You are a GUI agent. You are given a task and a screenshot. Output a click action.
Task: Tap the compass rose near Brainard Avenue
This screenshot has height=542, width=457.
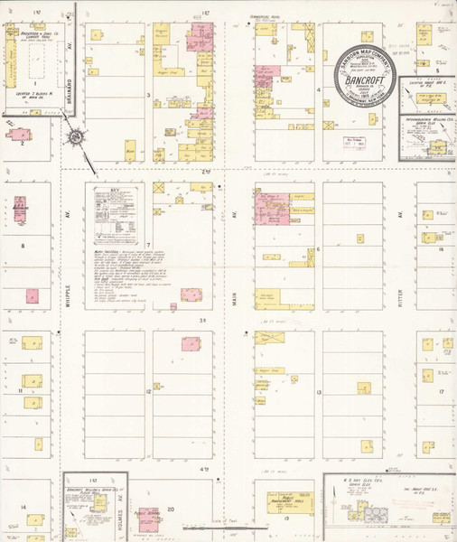click(76, 137)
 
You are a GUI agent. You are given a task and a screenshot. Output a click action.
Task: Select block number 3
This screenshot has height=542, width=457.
click(149, 94)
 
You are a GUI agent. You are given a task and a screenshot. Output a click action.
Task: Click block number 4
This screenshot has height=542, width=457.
click(319, 90)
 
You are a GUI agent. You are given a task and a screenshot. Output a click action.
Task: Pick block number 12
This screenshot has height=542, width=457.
click(148, 392)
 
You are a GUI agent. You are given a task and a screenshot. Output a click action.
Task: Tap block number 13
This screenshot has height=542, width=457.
click(319, 392)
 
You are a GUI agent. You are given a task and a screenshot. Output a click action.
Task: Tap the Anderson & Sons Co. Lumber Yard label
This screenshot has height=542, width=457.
click(36, 36)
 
